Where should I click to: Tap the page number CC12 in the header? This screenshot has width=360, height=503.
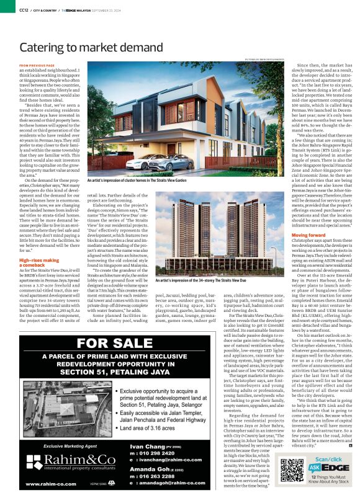point(24,10)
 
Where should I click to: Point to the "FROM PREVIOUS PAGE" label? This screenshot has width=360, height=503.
point(37,65)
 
